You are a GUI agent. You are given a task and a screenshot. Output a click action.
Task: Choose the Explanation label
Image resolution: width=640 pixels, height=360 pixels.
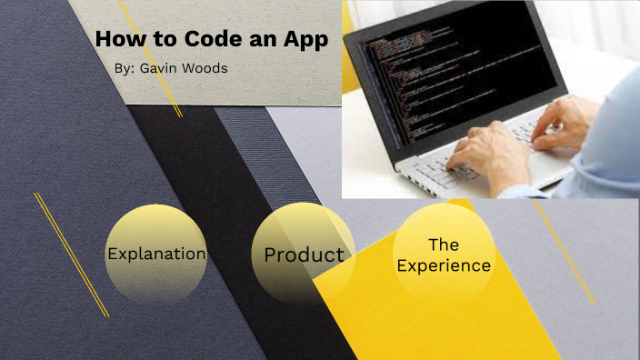pos(156,254)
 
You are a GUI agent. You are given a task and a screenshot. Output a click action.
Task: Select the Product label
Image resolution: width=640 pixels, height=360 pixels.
pos(304,255)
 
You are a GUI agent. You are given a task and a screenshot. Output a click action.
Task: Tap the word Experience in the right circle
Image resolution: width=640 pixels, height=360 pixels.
pos(444,266)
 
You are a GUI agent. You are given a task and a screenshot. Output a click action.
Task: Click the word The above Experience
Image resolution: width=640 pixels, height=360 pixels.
pos(444,245)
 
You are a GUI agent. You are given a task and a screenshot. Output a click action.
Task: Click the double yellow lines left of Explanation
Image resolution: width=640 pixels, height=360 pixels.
pos(71,255)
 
